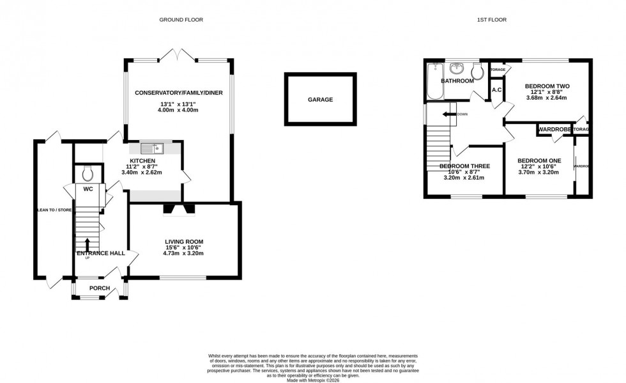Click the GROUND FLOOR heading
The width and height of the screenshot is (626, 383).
pos(181,20)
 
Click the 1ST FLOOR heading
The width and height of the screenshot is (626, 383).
pos(491,20)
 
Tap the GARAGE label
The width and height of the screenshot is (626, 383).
pos(320,100)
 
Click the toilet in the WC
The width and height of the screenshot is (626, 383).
pos(89,173)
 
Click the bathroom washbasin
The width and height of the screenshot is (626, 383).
pos(457,68)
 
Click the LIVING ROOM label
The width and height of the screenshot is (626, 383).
pos(185,242)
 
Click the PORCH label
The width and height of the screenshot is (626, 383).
pos(100,288)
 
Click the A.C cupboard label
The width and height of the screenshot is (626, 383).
pos(496,90)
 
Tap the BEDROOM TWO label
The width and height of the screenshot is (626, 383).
pos(547,86)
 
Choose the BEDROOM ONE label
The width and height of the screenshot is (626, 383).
pos(539,160)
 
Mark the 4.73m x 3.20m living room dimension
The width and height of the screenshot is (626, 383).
pos(185,253)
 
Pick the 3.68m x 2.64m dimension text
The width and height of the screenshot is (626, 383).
pos(547,98)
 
